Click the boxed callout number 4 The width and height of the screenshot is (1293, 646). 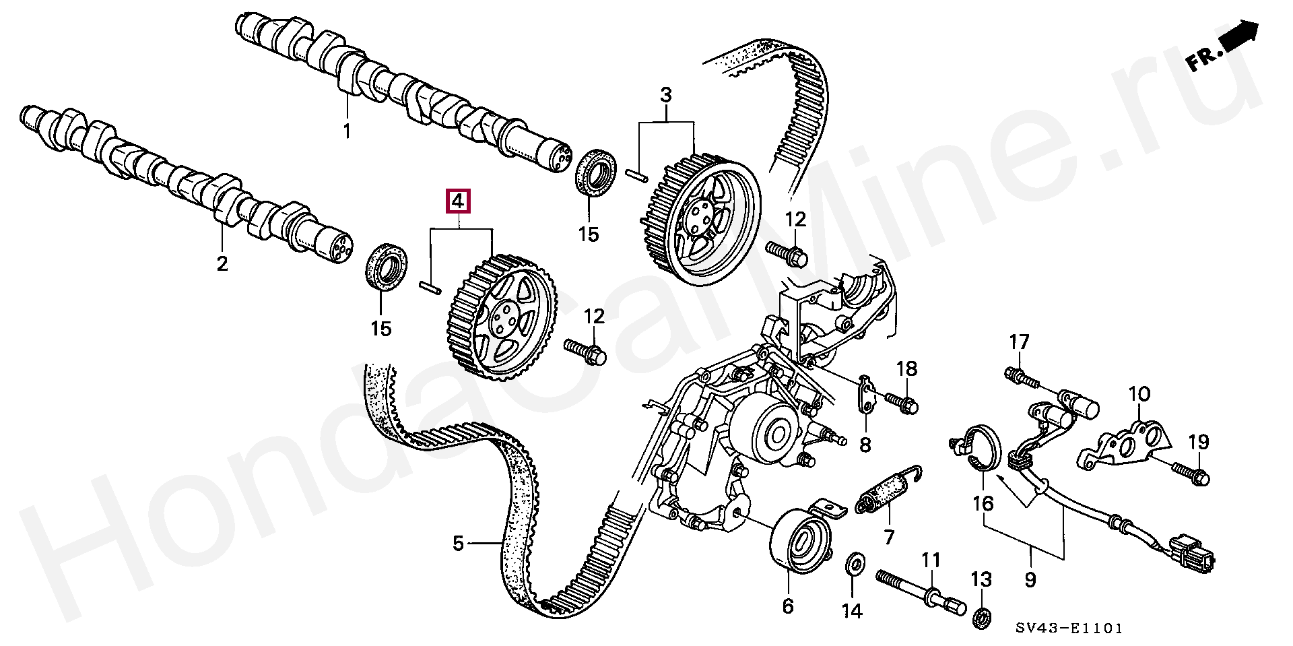458,201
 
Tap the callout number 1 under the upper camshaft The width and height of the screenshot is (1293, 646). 347,131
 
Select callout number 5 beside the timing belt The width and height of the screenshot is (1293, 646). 458,543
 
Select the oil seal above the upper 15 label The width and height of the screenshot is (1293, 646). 595,174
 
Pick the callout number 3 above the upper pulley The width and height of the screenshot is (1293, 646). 665,96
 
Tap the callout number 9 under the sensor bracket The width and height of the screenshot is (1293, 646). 1030,579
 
